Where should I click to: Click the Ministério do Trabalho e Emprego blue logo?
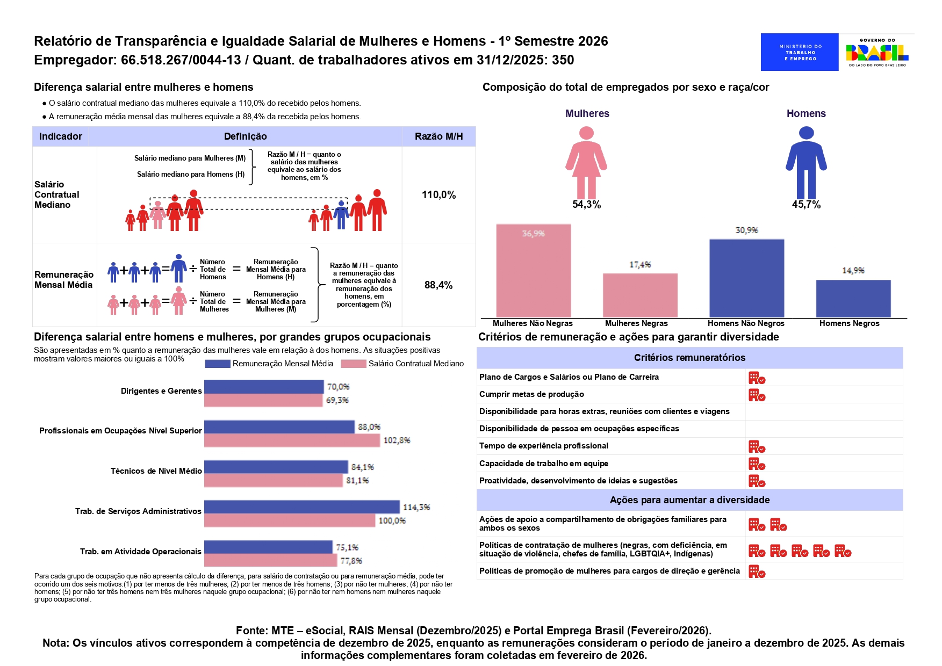click(x=799, y=52)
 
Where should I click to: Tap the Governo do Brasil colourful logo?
click(x=877, y=52)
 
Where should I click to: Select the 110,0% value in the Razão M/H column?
click(x=438, y=195)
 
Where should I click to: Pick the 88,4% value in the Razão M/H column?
click(x=438, y=285)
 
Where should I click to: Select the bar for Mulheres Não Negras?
click(x=533, y=271)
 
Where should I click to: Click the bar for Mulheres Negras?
click(x=640, y=295)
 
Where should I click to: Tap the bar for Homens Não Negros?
click(x=746, y=278)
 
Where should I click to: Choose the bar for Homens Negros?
click(x=853, y=299)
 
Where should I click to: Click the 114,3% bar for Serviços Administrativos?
click(x=301, y=507)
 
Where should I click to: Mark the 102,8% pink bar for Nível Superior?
click(x=292, y=440)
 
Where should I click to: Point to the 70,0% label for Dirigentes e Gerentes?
click(x=338, y=387)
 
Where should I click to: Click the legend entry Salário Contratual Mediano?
click(x=415, y=364)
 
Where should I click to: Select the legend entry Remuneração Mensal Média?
click(x=282, y=364)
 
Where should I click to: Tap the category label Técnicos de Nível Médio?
click(x=156, y=471)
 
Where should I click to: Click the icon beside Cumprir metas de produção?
click(x=757, y=395)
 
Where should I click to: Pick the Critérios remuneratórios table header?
click(x=689, y=358)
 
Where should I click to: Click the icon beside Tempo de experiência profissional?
click(x=757, y=447)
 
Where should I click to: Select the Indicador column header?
click(x=61, y=136)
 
